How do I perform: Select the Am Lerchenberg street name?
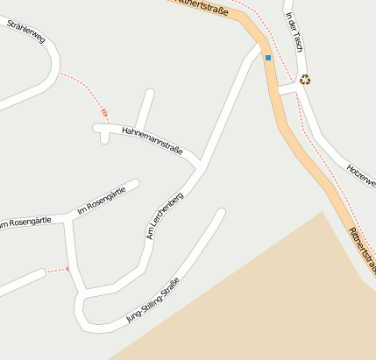(164, 215)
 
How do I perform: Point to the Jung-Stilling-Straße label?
(158, 300)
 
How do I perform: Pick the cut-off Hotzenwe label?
(360, 174)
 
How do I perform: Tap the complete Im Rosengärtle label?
(108, 198)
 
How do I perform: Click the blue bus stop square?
(268, 58)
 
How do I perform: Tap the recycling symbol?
(305, 80)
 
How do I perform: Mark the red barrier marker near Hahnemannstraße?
(104, 112)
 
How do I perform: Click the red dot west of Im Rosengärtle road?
(67, 268)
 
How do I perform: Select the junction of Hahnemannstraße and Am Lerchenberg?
(201, 163)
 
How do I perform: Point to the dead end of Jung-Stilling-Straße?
(221, 212)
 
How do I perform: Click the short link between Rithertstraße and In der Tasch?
(287, 88)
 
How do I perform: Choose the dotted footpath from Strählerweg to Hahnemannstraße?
(83, 91)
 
